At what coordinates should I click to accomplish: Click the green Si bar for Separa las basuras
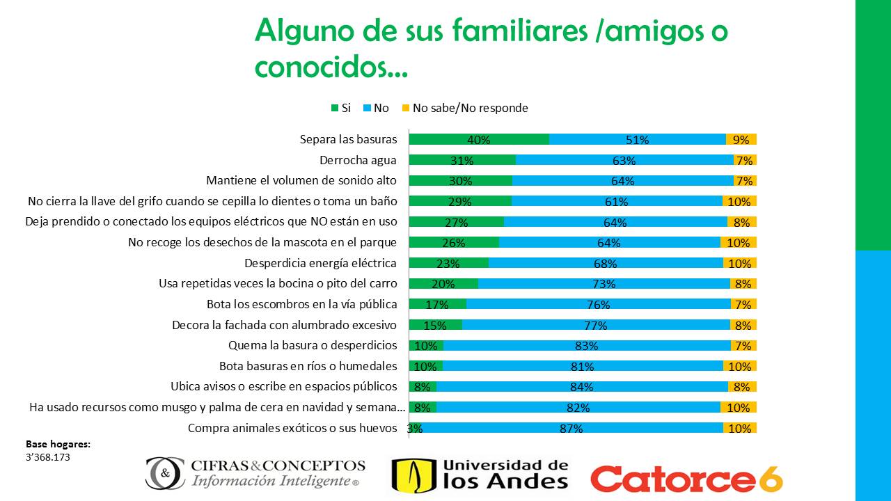click(x=445, y=139)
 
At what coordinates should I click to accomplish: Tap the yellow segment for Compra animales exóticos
click(x=739, y=428)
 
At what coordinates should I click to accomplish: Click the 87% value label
click(x=571, y=429)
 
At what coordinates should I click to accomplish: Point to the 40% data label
click(x=479, y=139)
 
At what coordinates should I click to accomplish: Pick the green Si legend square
click(x=335, y=108)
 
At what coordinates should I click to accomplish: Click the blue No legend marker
click(x=367, y=108)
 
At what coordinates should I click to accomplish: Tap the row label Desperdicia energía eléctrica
click(x=320, y=263)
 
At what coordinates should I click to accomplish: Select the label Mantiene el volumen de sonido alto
click(x=301, y=181)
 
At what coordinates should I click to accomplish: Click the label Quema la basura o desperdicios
click(x=313, y=346)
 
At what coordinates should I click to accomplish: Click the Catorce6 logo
click(x=686, y=478)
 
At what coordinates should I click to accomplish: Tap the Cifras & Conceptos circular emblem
click(x=165, y=473)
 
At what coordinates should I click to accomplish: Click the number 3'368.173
click(x=48, y=457)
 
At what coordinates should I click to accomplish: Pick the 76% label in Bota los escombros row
click(x=599, y=305)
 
